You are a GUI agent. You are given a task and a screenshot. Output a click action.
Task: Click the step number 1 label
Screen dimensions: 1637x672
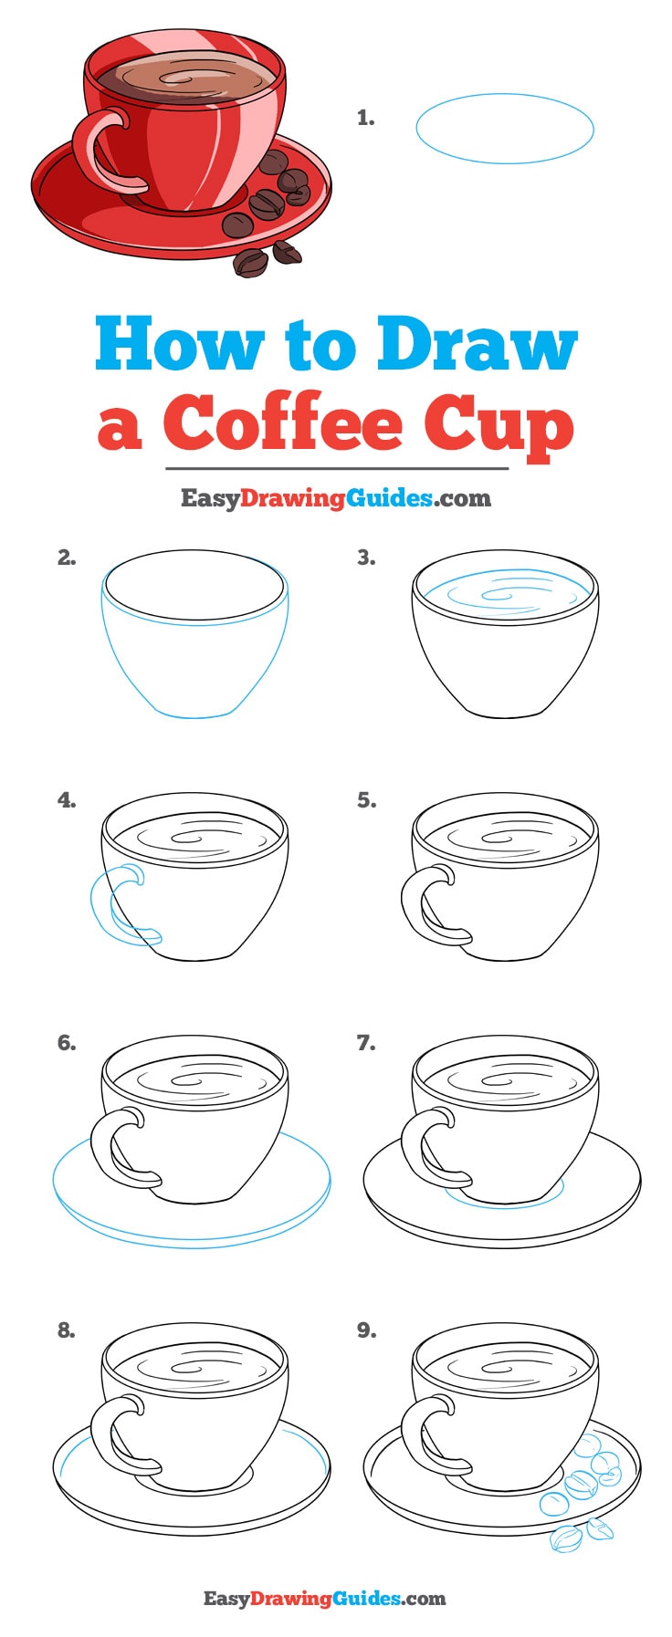tap(365, 118)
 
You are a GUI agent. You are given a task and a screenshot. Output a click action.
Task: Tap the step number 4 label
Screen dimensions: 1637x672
tap(66, 800)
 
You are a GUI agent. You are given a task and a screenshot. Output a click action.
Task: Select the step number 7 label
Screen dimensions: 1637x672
tap(365, 1043)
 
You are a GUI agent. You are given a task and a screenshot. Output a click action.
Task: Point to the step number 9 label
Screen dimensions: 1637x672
tap(366, 1330)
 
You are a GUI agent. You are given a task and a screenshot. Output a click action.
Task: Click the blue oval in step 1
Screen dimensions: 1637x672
tap(504, 129)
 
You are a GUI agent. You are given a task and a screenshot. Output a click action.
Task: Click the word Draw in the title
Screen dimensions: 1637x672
tap(478, 344)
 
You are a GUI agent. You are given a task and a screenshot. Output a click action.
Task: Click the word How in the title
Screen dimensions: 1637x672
tap(177, 344)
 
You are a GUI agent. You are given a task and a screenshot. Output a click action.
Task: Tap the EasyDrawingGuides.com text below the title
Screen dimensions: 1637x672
tap(335, 498)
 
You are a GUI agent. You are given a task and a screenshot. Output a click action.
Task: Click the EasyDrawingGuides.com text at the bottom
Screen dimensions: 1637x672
tap(324, 1598)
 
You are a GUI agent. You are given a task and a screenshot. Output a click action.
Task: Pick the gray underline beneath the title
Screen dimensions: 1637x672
tap(336, 468)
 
